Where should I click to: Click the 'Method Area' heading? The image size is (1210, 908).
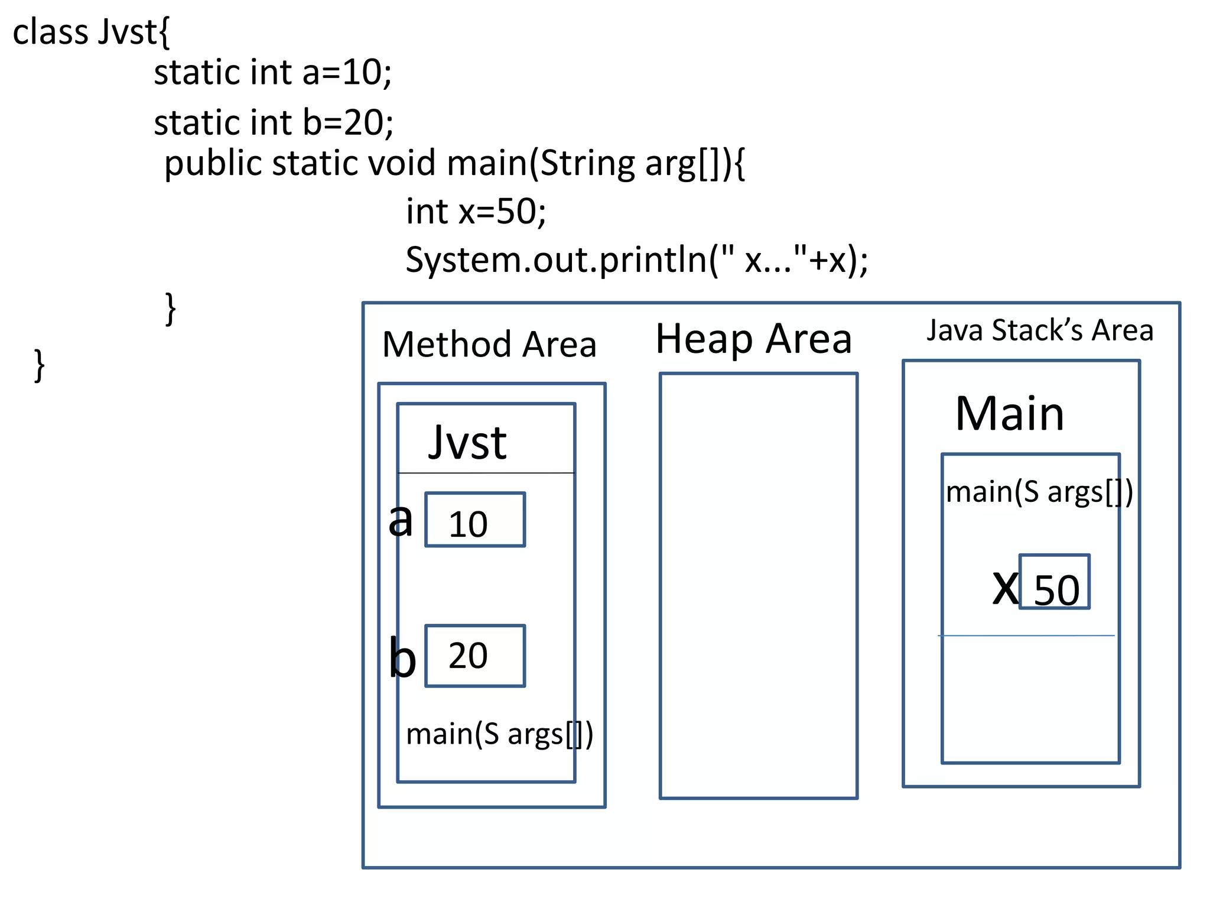[x=489, y=345]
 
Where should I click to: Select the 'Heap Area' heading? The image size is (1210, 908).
[x=753, y=339]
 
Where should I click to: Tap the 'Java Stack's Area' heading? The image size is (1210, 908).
[x=1039, y=330]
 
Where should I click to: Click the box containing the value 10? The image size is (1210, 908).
[x=475, y=520]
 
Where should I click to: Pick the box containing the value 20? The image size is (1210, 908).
[x=475, y=656]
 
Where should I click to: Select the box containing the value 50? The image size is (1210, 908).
[x=1055, y=582]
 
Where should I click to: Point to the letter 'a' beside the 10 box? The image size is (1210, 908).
[x=401, y=520]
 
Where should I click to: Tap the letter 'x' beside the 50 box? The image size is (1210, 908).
[x=1005, y=588]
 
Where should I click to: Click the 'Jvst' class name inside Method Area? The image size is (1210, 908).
[x=467, y=443]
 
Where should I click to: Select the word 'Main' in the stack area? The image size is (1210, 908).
[x=1009, y=414]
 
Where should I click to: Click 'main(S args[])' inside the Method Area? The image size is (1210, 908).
[x=499, y=734]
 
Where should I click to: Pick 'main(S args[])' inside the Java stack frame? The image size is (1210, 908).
[x=1039, y=492]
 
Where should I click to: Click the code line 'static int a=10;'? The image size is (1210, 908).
[x=272, y=73]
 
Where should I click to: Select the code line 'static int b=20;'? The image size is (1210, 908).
[x=274, y=122]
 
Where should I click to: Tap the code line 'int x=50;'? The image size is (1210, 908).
[x=476, y=212]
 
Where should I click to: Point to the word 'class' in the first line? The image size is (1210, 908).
[x=50, y=32]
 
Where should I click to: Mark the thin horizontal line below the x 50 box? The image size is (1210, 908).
[x=1026, y=636]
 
